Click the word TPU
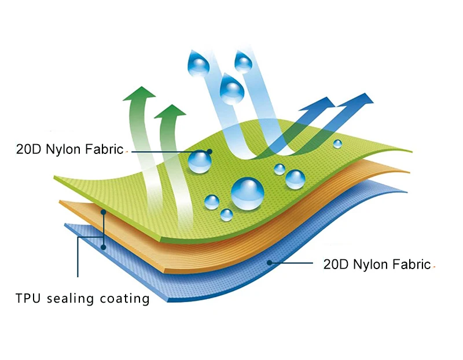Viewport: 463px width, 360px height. pyautogui.click(x=28, y=299)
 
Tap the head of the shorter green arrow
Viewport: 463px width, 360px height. pyautogui.click(x=171, y=112)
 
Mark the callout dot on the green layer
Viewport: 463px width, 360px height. pyautogui.click(x=210, y=152)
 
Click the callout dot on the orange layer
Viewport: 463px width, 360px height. pyautogui.click(x=104, y=212)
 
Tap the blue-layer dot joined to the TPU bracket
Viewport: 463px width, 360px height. pyautogui.click(x=104, y=246)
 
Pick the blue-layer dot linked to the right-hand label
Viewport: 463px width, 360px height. pyautogui.click(x=269, y=262)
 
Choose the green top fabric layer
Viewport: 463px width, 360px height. pyautogui.click(x=145, y=185)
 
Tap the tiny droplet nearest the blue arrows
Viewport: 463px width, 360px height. pyautogui.click(x=337, y=144)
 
